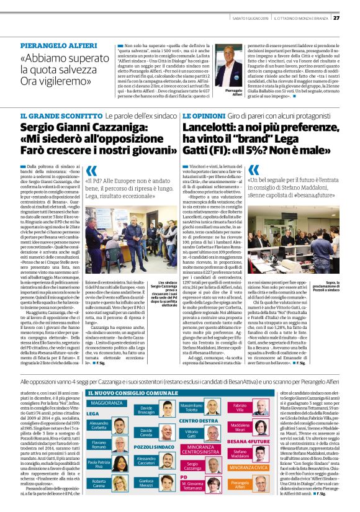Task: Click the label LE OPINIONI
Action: (x=200, y=116)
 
